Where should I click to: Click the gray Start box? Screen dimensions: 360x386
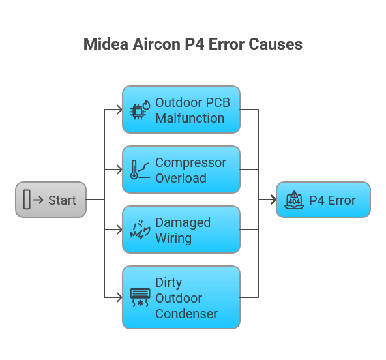[51, 200]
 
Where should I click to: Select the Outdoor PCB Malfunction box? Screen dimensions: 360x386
[181, 110]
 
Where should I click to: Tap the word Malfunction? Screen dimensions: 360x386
[190, 118]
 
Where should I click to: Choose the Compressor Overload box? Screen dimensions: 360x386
[181, 170]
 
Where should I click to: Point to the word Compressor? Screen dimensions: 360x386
[190, 162]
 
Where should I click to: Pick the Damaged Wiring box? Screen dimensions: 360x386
[181, 230]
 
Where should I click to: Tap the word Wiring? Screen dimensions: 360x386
[173, 238]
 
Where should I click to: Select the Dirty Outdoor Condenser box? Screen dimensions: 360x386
[181, 297]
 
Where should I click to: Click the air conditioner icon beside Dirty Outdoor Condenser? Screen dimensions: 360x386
[140, 297]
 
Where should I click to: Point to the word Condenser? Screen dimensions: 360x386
[186, 314]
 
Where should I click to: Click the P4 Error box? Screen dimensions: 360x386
[323, 200]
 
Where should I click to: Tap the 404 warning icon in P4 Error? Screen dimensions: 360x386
[294, 200]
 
